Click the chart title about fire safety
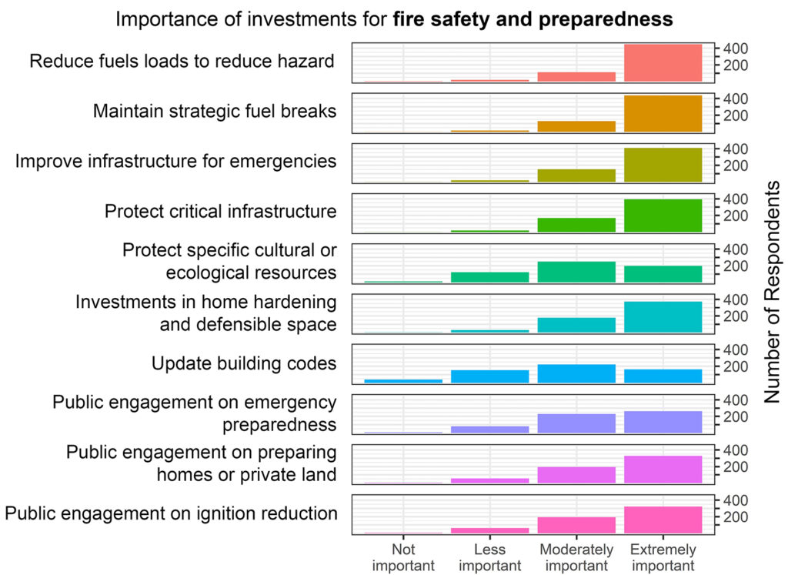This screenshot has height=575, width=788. (x=394, y=19)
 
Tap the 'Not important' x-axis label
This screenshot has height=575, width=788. (x=403, y=557)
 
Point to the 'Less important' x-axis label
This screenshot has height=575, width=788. (x=489, y=557)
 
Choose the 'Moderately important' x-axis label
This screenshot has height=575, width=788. (x=576, y=557)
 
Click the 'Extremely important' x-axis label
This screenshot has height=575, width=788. (x=663, y=557)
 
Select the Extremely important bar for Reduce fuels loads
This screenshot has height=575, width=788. (x=663, y=63)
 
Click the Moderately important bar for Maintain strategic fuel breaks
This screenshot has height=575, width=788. (x=576, y=126)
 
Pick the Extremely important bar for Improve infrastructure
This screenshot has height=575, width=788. (x=663, y=165)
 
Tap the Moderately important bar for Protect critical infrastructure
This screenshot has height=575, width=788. (x=576, y=225)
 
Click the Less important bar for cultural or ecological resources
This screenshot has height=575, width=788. (x=489, y=277)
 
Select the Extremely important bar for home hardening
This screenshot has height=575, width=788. (x=663, y=317)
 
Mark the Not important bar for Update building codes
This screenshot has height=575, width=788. (x=403, y=380)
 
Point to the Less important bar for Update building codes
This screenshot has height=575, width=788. (x=489, y=376)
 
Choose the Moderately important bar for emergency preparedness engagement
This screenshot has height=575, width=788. (x=576, y=423)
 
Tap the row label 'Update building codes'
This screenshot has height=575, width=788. (x=244, y=363)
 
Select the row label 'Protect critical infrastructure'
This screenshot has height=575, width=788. (x=221, y=212)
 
